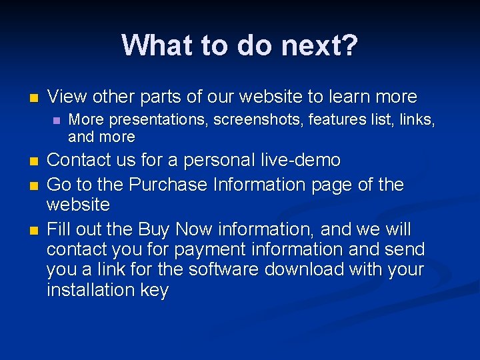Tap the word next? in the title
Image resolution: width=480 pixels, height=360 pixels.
[320, 45]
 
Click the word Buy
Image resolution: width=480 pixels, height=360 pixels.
[153, 230]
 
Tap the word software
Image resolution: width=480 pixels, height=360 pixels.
[225, 270]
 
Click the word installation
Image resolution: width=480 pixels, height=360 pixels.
[88, 290]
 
